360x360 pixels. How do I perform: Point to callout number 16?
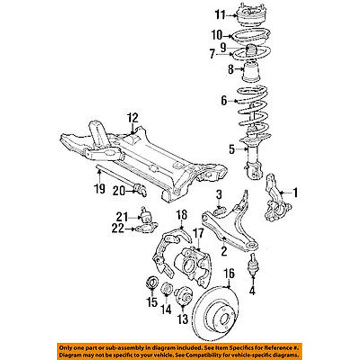click(x=229, y=273)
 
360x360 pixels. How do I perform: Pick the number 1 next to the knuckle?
click(x=295, y=191)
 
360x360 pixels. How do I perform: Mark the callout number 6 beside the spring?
click(x=224, y=101)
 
